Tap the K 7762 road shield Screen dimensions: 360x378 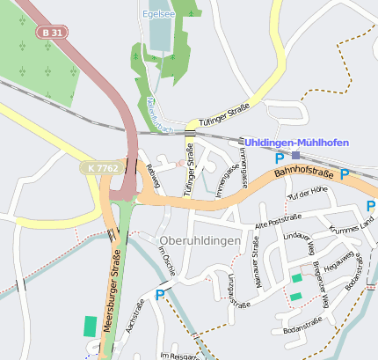[104, 166]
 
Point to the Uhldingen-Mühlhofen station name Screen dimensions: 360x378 [296, 143]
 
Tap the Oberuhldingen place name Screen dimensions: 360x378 [200, 240]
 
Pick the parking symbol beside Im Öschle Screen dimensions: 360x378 [159, 295]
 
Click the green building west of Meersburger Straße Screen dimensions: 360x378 [91, 325]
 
